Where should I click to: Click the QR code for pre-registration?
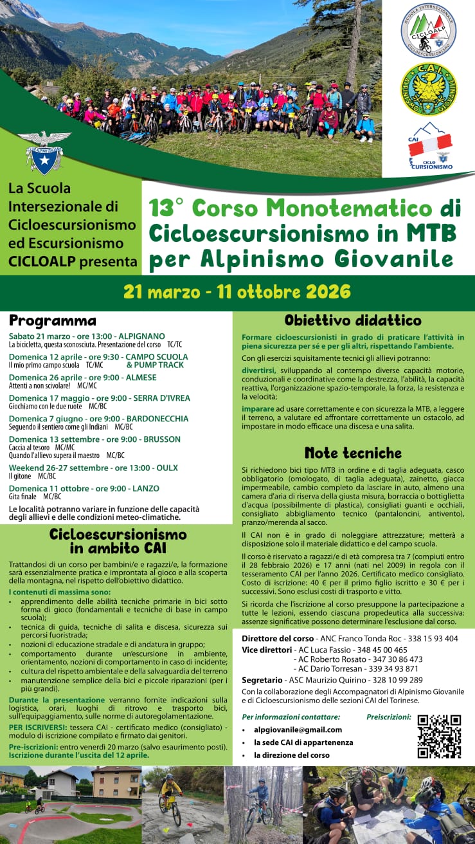tap(439, 736)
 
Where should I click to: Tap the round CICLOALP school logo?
tap(428, 30)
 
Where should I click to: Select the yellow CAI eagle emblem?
tap(428, 89)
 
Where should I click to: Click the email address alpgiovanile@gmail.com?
tap(298, 729)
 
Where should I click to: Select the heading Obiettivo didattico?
tap(353, 320)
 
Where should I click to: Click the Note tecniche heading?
tap(353, 452)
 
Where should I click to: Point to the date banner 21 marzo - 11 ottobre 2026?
tap(237, 292)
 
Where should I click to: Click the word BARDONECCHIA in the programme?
tap(157, 419)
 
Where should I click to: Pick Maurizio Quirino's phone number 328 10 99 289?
tap(395, 680)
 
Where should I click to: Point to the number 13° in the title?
tap(166, 208)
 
